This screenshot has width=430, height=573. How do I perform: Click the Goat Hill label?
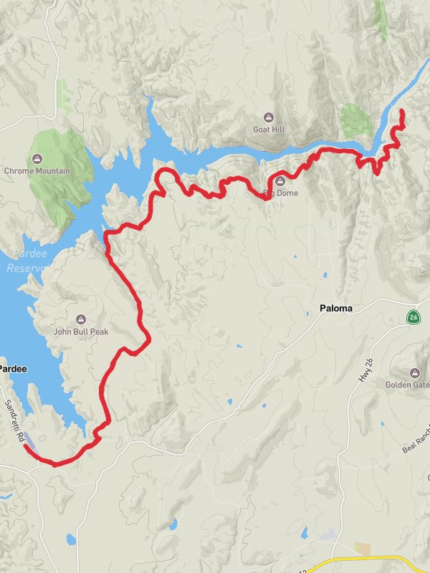269,130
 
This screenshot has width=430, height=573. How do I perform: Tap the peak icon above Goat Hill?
269,117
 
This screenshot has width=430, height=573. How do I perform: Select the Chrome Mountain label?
37,171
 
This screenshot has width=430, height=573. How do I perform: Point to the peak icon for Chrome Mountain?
37,158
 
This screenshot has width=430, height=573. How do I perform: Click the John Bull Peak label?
80,332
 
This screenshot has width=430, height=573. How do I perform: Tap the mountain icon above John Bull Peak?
80,319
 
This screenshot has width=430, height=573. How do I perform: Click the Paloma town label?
335,309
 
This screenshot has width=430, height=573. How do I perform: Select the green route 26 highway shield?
414,316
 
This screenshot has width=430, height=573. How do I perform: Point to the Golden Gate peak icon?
415,372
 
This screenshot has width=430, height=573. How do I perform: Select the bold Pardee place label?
13,368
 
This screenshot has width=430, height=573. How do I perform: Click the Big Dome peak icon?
280,181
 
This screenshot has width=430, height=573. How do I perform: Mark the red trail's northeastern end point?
401,111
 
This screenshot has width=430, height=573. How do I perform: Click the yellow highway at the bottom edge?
373,557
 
